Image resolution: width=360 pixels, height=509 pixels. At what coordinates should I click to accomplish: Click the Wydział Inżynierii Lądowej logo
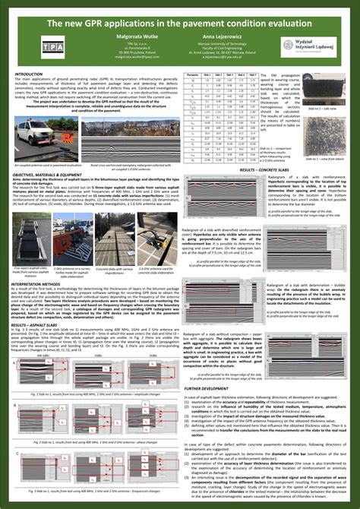[304, 47]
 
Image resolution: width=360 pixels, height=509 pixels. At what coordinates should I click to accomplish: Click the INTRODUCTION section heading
[28, 74]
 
